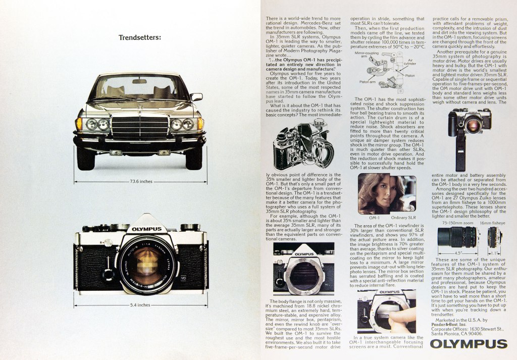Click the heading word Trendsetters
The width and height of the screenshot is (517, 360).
click(140, 37)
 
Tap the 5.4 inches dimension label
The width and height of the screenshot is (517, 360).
click(140, 305)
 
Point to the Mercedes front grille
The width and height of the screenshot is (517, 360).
click(140, 126)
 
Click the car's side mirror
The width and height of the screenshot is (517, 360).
click(196, 96)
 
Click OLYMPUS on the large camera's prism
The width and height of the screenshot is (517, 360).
click(147, 229)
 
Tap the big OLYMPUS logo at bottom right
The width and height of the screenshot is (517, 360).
click(469, 345)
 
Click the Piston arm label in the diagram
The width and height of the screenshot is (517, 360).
click(367, 81)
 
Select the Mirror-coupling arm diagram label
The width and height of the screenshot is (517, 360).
click(367, 54)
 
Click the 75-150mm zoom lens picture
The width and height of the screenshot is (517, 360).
click(457, 237)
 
